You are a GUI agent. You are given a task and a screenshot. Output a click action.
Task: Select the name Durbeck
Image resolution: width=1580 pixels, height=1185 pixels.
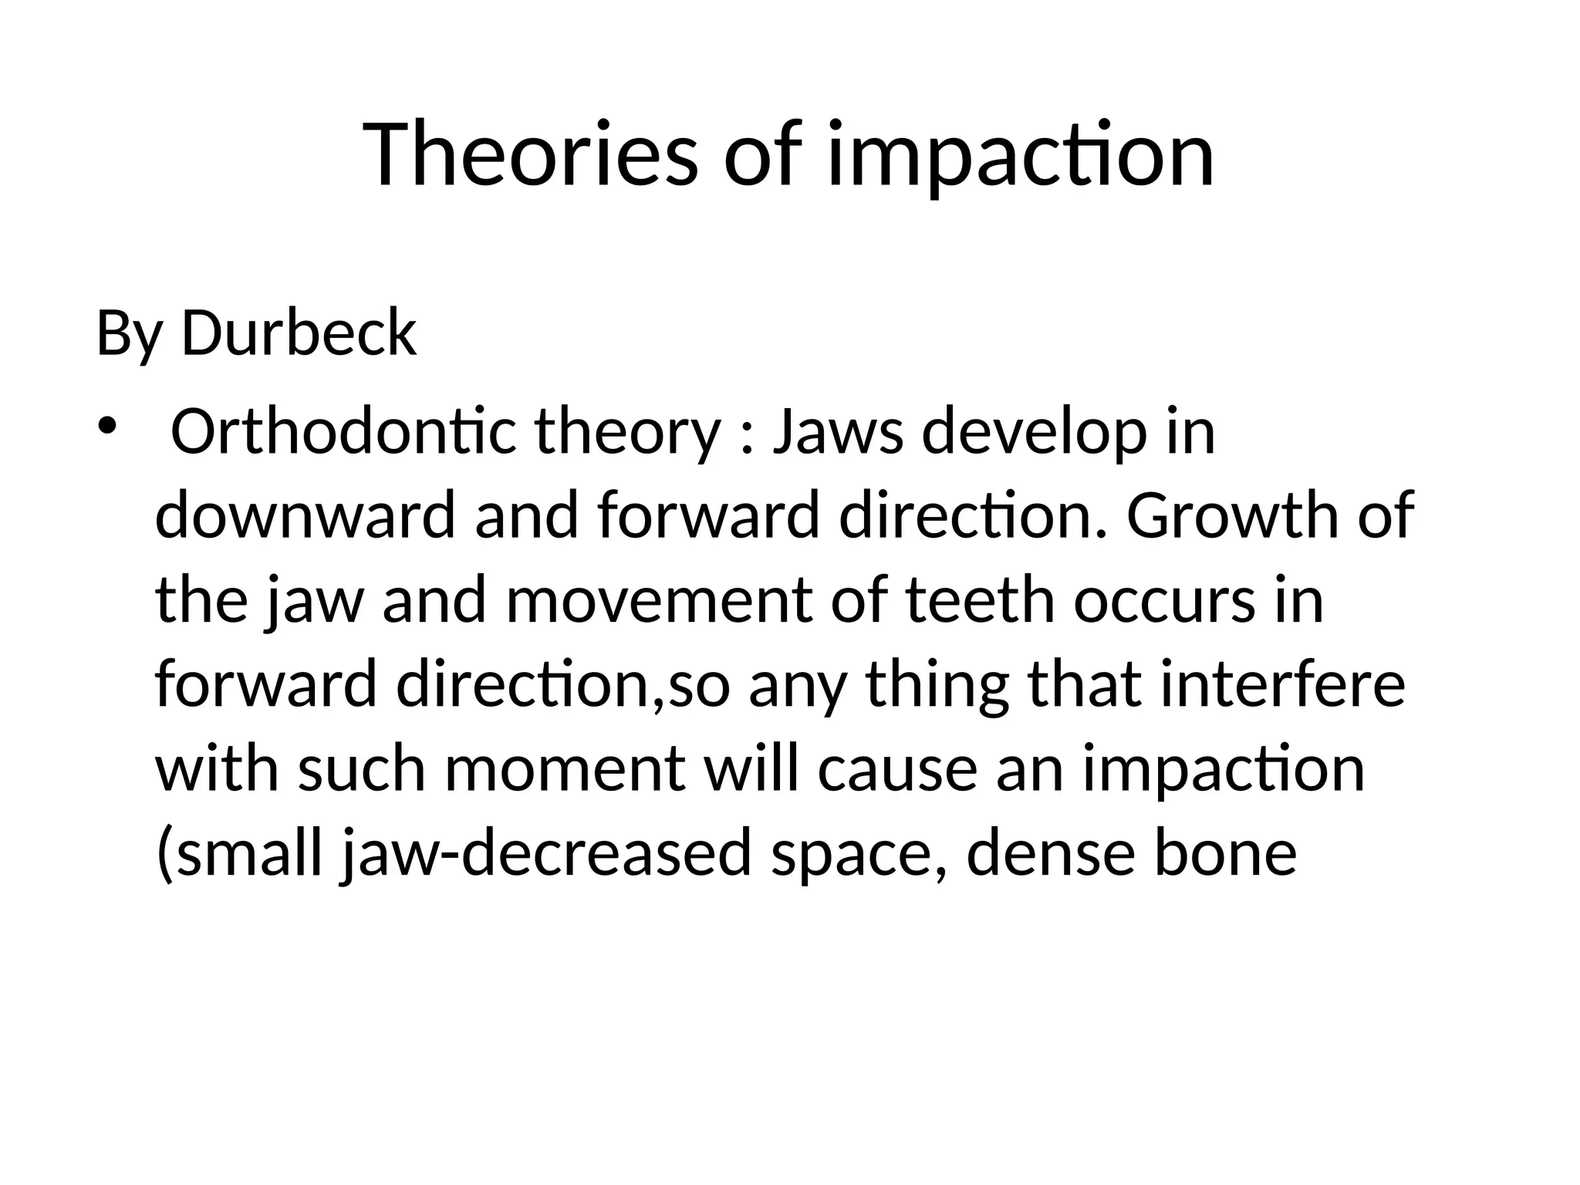(x=299, y=333)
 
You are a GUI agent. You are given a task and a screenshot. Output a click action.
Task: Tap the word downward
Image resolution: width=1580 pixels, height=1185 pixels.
(x=306, y=516)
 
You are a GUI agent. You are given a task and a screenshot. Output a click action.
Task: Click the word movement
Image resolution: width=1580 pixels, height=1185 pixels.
(x=659, y=601)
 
